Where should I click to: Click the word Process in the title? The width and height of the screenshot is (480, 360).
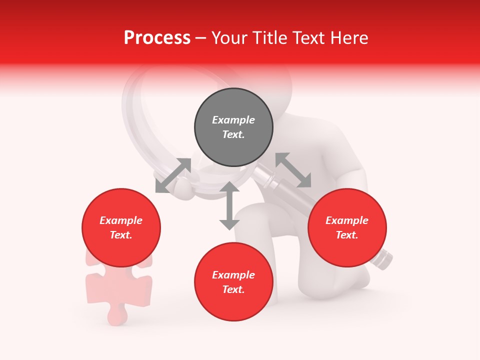(157, 38)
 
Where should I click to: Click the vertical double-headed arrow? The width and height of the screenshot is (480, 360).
(229, 205)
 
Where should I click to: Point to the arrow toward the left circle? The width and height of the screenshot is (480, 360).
(173, 175)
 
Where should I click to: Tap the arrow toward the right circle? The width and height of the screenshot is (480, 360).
(293, 170)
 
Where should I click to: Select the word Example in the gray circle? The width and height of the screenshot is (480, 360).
(233, 120)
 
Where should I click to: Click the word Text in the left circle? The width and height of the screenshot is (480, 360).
(121, 235)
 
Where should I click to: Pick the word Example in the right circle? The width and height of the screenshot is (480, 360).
(347, 220)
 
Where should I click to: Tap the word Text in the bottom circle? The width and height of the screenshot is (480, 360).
(233, 289)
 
